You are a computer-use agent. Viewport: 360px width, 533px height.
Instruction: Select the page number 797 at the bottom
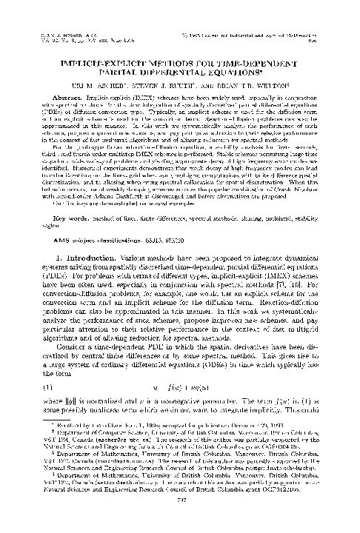(x=180, y=517)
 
